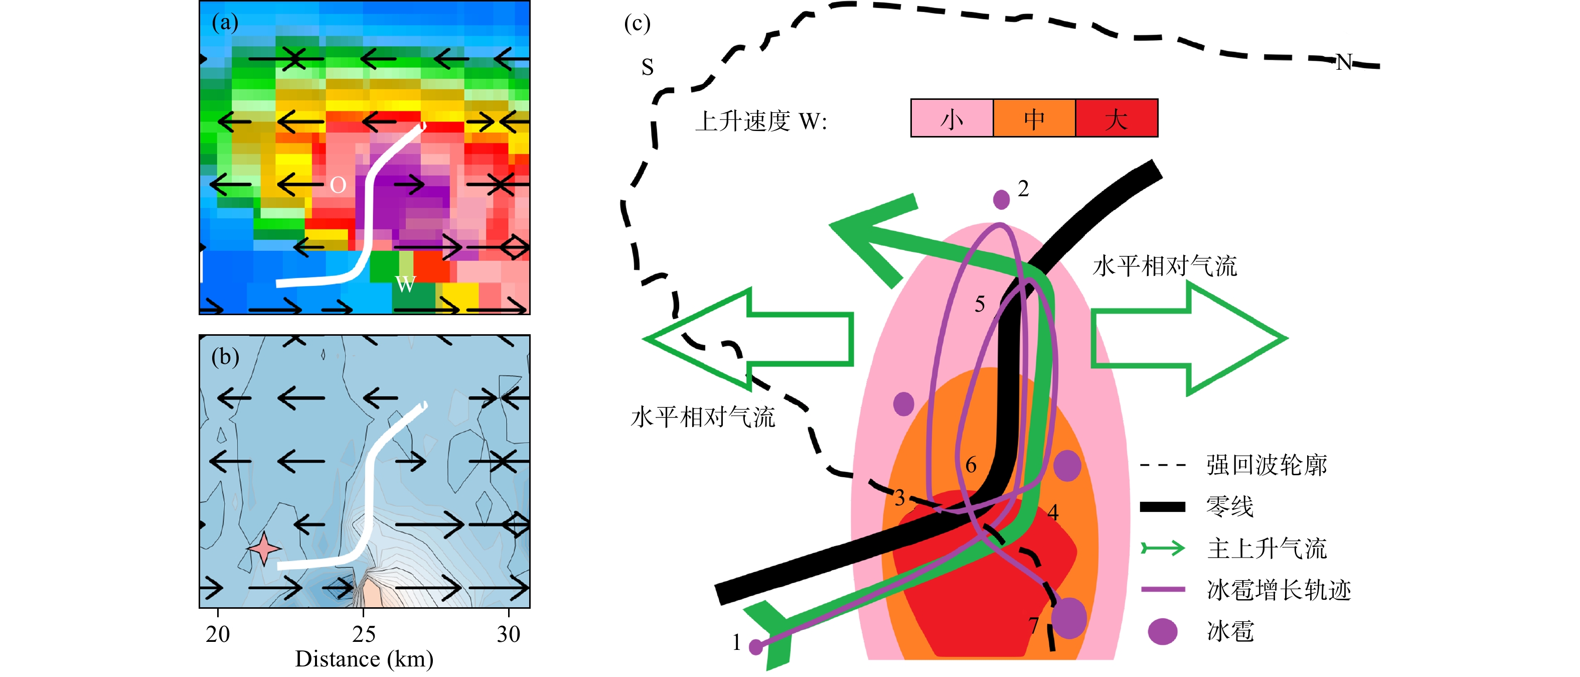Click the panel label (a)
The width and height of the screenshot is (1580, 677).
click(225, 23)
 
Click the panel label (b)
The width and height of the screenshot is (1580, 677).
click(225, 357)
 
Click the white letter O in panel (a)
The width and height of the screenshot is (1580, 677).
click(338, 185)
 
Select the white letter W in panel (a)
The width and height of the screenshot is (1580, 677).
click(405, 284)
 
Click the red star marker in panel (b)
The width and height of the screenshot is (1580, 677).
click(264, 548)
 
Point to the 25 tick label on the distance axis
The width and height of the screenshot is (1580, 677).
click(364, 634)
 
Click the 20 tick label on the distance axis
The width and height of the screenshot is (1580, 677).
click(218, 634)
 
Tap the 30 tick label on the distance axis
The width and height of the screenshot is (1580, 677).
click(509, 634)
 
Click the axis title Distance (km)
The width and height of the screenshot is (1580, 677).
click(364, 659)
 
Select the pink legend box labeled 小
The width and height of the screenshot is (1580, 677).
click(952, 118)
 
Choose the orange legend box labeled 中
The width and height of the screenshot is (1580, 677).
click(1034, 118)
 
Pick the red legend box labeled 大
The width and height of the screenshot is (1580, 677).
click(1117, 118)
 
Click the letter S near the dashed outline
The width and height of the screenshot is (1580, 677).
click(647, 67)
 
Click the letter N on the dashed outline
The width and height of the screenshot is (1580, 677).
click(1344, 62)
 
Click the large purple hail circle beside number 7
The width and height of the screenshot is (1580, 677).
click(1068, 617)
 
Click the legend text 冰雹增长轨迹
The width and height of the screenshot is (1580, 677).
click(1279, 590)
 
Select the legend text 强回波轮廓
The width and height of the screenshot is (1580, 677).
click(1267, 465)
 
